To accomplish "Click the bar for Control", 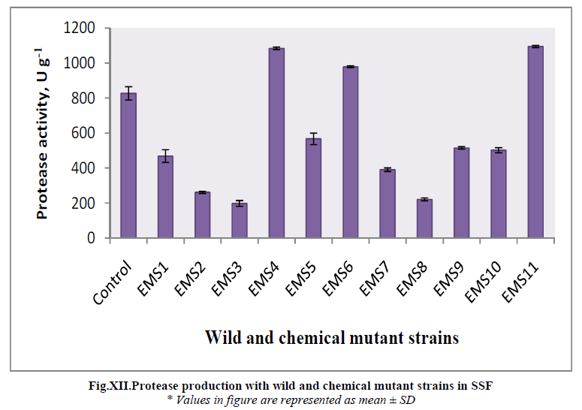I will click(x=128, y=166).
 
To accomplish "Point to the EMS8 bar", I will click(x=424, y=219).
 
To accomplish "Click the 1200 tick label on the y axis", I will click(x=79, y=29).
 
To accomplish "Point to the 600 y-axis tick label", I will click(x=83, y=134).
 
